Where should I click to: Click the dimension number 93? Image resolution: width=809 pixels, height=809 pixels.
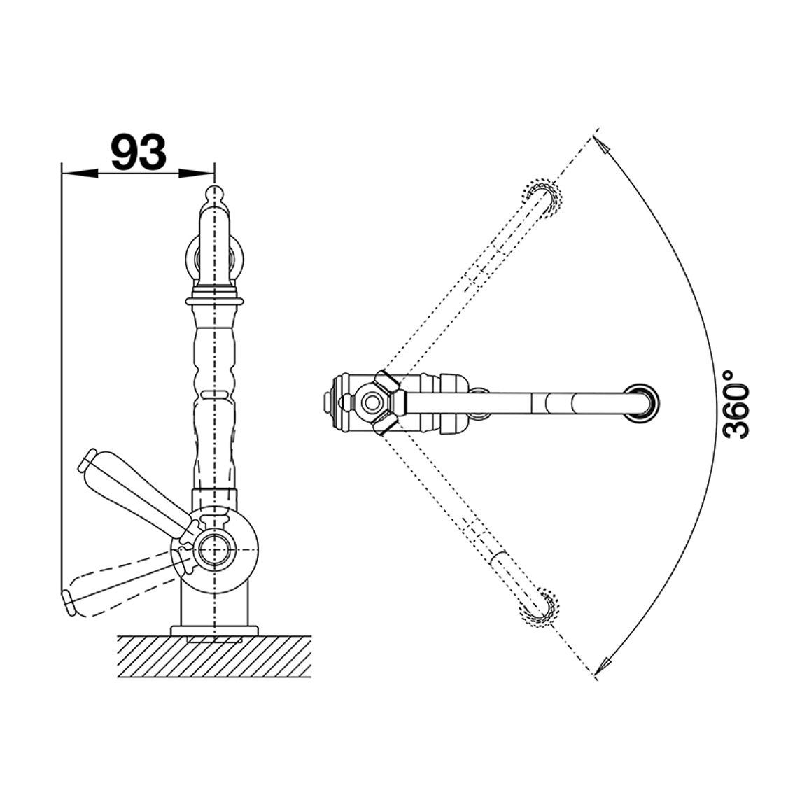pos(139,152)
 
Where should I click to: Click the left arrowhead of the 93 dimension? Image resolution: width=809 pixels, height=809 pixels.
pos(80,174)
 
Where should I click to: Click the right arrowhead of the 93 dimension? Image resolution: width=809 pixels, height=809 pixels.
pos(196,174)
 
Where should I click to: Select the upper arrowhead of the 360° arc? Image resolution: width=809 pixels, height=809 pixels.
pos(602,144)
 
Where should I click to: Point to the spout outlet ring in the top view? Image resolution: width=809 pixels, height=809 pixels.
pos(642,400)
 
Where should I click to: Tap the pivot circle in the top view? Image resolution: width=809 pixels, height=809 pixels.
pos(370,400)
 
